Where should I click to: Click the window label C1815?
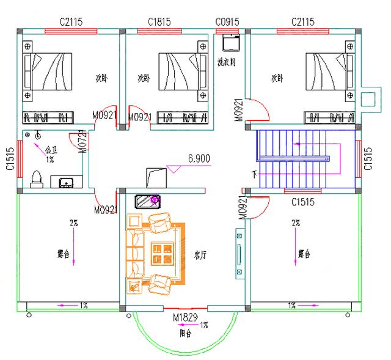pos(159,21)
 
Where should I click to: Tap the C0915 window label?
pos(227,21)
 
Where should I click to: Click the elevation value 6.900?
pos(199,158)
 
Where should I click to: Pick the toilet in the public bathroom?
pos(36,177)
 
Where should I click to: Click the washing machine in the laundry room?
pos(231,42)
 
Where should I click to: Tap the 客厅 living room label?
pos(200,256)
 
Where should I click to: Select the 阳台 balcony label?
pos(185,334)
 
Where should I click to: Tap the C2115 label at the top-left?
pos(71,21)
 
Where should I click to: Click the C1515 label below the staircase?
pos(302,201)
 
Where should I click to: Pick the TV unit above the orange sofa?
pos(147,200)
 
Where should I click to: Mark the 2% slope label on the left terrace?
pos(73,223)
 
